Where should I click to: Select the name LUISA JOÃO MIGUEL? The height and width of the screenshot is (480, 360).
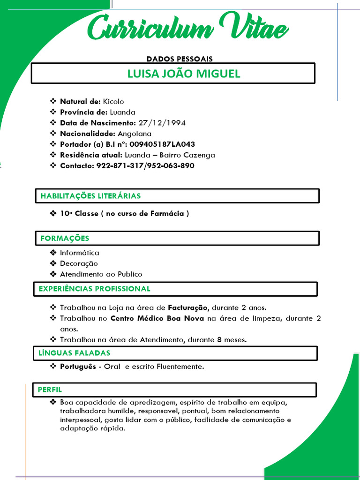click(184, 74)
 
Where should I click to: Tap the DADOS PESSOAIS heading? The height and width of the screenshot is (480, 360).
click(180, 59)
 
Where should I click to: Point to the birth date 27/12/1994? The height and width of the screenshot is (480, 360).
click(162, 123)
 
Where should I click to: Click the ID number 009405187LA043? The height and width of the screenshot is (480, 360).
click(163, 144)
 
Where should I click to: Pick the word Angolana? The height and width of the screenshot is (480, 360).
click(135, 134)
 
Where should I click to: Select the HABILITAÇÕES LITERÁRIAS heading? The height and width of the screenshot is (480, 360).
click(90, 196)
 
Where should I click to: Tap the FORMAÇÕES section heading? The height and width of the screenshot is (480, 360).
click(65, 238)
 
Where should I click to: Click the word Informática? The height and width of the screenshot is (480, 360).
click(80, 253)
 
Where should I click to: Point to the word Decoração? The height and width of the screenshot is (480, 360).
click(79, 263)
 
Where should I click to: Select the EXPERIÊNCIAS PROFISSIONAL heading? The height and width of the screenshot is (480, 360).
click(94, 289)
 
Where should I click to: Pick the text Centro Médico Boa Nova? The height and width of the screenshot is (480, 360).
click(157, 319)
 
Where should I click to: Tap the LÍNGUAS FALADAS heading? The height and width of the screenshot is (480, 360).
click(75, 353)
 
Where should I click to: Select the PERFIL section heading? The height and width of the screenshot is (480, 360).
click(50, 390)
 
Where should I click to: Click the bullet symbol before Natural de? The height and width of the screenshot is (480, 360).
click(52, 101)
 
